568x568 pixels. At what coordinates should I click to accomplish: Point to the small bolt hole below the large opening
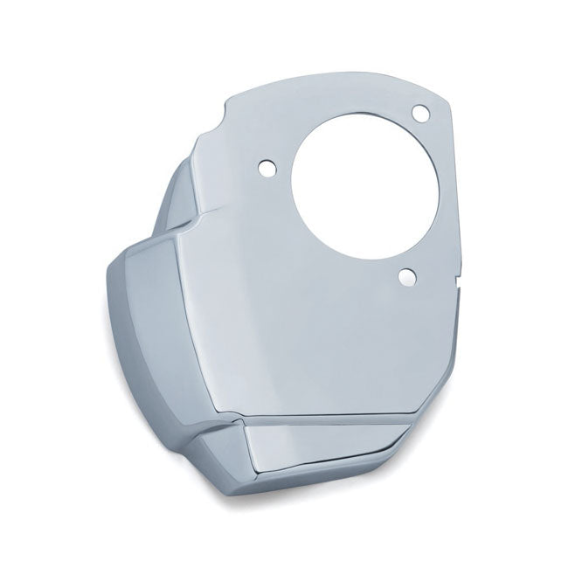pyautogui.click(x=407, y=277)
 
